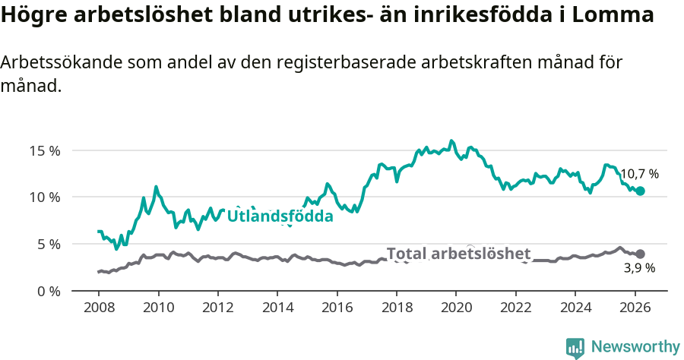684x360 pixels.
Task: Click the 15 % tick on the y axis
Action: click(46, 150)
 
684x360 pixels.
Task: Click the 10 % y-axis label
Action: click(46, 197)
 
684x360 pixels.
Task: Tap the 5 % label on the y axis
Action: click(49, 245)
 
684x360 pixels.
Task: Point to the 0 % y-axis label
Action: click(49, 291)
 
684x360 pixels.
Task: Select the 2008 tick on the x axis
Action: click(99, 308)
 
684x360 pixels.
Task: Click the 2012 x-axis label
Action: click(217, 308)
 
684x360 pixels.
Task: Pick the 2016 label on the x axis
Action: click(337, 308)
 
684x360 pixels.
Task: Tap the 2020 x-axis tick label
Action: click(455, 308)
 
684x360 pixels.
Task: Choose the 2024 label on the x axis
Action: click(575, 308)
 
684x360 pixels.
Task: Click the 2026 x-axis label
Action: click(634, 308)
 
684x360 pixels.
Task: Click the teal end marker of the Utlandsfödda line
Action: click(640, 191)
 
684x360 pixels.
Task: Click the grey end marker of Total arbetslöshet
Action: click(640, 254)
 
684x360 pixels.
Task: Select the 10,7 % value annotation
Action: click(639, 174)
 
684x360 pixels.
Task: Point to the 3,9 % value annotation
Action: click(639, 268)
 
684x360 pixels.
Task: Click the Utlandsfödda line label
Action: click(280, 216)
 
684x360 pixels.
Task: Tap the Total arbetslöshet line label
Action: click(458, 254)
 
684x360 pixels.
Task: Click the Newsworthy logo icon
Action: click(575, 348)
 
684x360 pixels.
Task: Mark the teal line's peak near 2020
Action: click(451, 141)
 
